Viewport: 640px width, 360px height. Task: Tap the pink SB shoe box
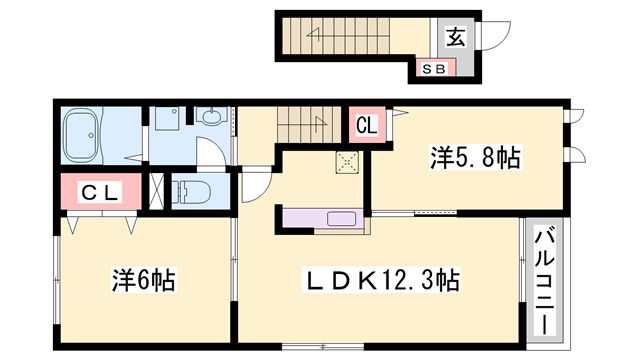click(437, 69)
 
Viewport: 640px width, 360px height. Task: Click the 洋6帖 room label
click(144, 280)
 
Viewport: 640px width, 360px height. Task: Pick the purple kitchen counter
click(326, 219)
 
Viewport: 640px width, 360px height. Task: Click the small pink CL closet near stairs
click(366, 127)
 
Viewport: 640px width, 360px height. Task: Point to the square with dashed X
click(347, 161)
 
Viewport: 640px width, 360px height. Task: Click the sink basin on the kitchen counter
click(340, 219)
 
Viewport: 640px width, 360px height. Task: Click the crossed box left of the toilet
click(157, 189)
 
